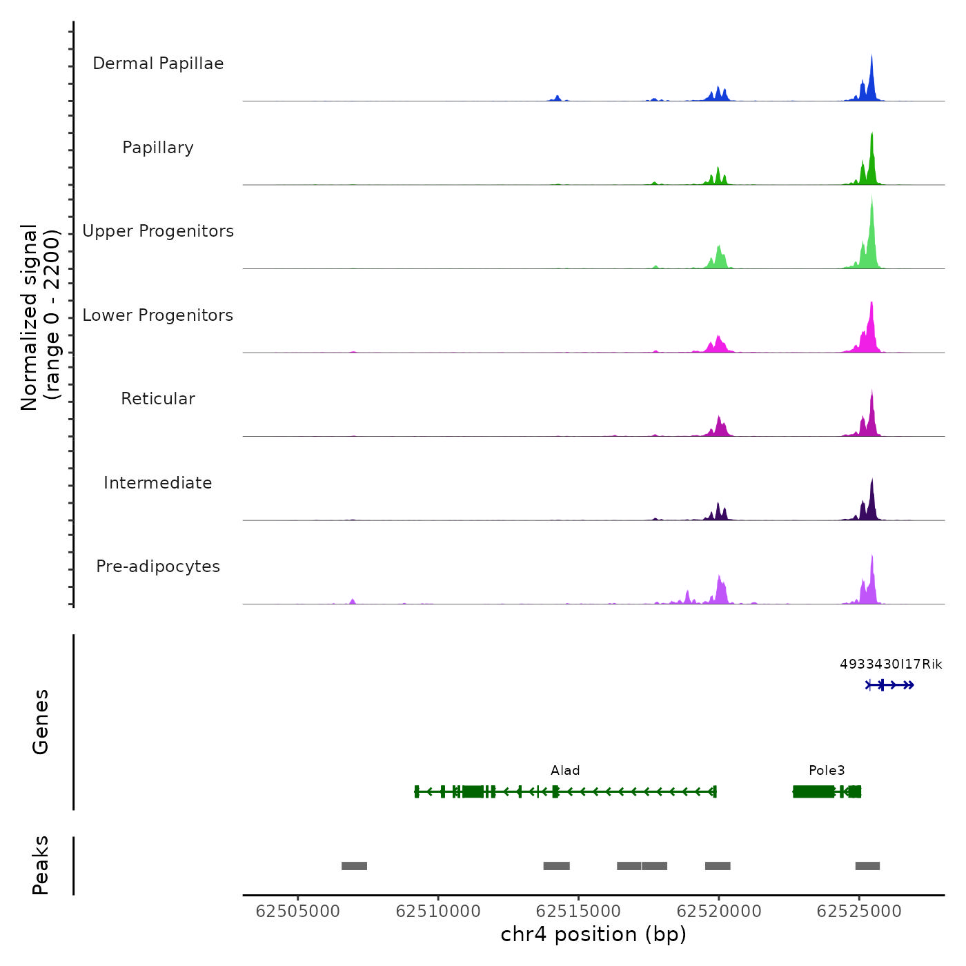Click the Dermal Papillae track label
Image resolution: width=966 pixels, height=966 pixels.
click(x=158, y=63)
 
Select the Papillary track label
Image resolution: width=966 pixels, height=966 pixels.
click(x=158, y=148)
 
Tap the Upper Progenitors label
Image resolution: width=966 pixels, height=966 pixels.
click(x=158, y=231)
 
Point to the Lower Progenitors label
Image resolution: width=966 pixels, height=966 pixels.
click(x=158, y=315)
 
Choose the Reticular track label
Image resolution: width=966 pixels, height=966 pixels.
click(x=158, y=399)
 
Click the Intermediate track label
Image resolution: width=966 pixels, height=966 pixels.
click(x=158, y=483)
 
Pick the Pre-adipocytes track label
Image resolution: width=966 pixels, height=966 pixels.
click(x=158, y=566)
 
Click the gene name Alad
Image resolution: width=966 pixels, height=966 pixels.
click(x=565, y=771)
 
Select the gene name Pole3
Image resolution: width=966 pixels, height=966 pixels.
click(x=827, y=771)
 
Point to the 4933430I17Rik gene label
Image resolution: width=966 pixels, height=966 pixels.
click(x=891, y=664)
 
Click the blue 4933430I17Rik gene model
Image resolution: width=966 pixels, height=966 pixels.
click(x=890, y=685)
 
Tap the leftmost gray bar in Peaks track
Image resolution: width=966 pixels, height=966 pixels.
click(x=354, y=866)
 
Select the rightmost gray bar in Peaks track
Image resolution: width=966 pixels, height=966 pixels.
click(x=867, y=866)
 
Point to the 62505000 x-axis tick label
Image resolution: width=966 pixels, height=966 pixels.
click(x=298, y=911)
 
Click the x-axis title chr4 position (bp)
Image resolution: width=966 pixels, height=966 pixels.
click(x=593, y=934)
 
